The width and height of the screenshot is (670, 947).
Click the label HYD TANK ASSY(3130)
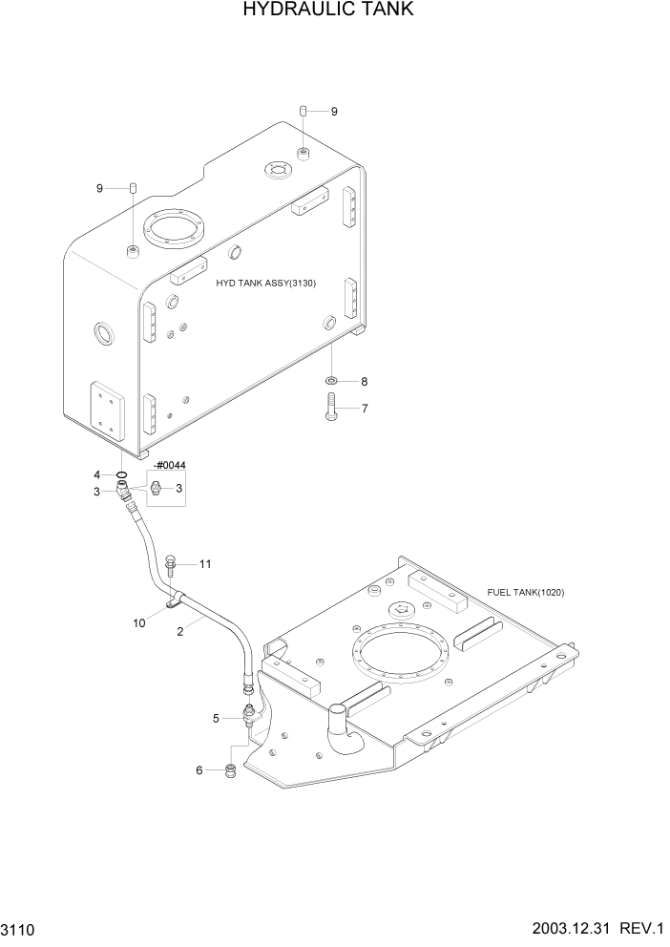[265, 284]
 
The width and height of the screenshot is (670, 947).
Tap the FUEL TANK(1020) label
[526, 592]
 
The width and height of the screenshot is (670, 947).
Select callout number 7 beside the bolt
[364, 409]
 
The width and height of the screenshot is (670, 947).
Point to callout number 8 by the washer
[364, 382]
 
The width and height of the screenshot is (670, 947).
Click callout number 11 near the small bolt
[204, 564]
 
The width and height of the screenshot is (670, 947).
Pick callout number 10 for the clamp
[139, 622]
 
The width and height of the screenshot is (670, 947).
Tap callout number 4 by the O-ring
[96, 474]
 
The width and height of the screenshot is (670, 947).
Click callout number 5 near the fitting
[217, 718]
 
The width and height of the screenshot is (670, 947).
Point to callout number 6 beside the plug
[199, 770]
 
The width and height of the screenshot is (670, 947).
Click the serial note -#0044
[168, 465]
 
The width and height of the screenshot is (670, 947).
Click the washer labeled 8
[330, 382]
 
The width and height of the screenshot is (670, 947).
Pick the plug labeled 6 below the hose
[230, 770]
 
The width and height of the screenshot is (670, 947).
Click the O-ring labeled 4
[121, 474]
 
